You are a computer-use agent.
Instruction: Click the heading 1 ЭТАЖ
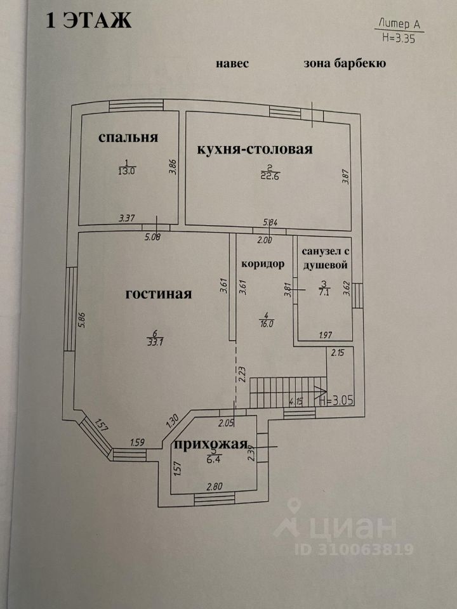point(89,20)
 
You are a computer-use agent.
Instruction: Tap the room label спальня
point(128,138)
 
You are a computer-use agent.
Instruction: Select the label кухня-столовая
point(255,149)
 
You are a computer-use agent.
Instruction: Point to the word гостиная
point(159,294)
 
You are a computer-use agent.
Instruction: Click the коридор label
point(263,264)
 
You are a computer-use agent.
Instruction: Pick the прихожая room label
point(211,444)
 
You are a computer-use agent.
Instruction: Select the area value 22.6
point(270,175)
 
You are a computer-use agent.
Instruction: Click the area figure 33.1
point(155,342)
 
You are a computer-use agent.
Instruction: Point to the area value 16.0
point(266,323)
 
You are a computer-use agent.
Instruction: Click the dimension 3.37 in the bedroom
point(127,218)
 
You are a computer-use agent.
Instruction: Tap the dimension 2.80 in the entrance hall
point(215,487)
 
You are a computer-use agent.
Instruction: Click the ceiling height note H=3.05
point(336,401)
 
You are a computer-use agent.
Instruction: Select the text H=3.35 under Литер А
point(399,38)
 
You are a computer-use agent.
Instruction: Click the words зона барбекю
point(345,63)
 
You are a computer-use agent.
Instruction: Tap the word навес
point(232,63)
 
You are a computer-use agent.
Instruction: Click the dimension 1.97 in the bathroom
point(325,335)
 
